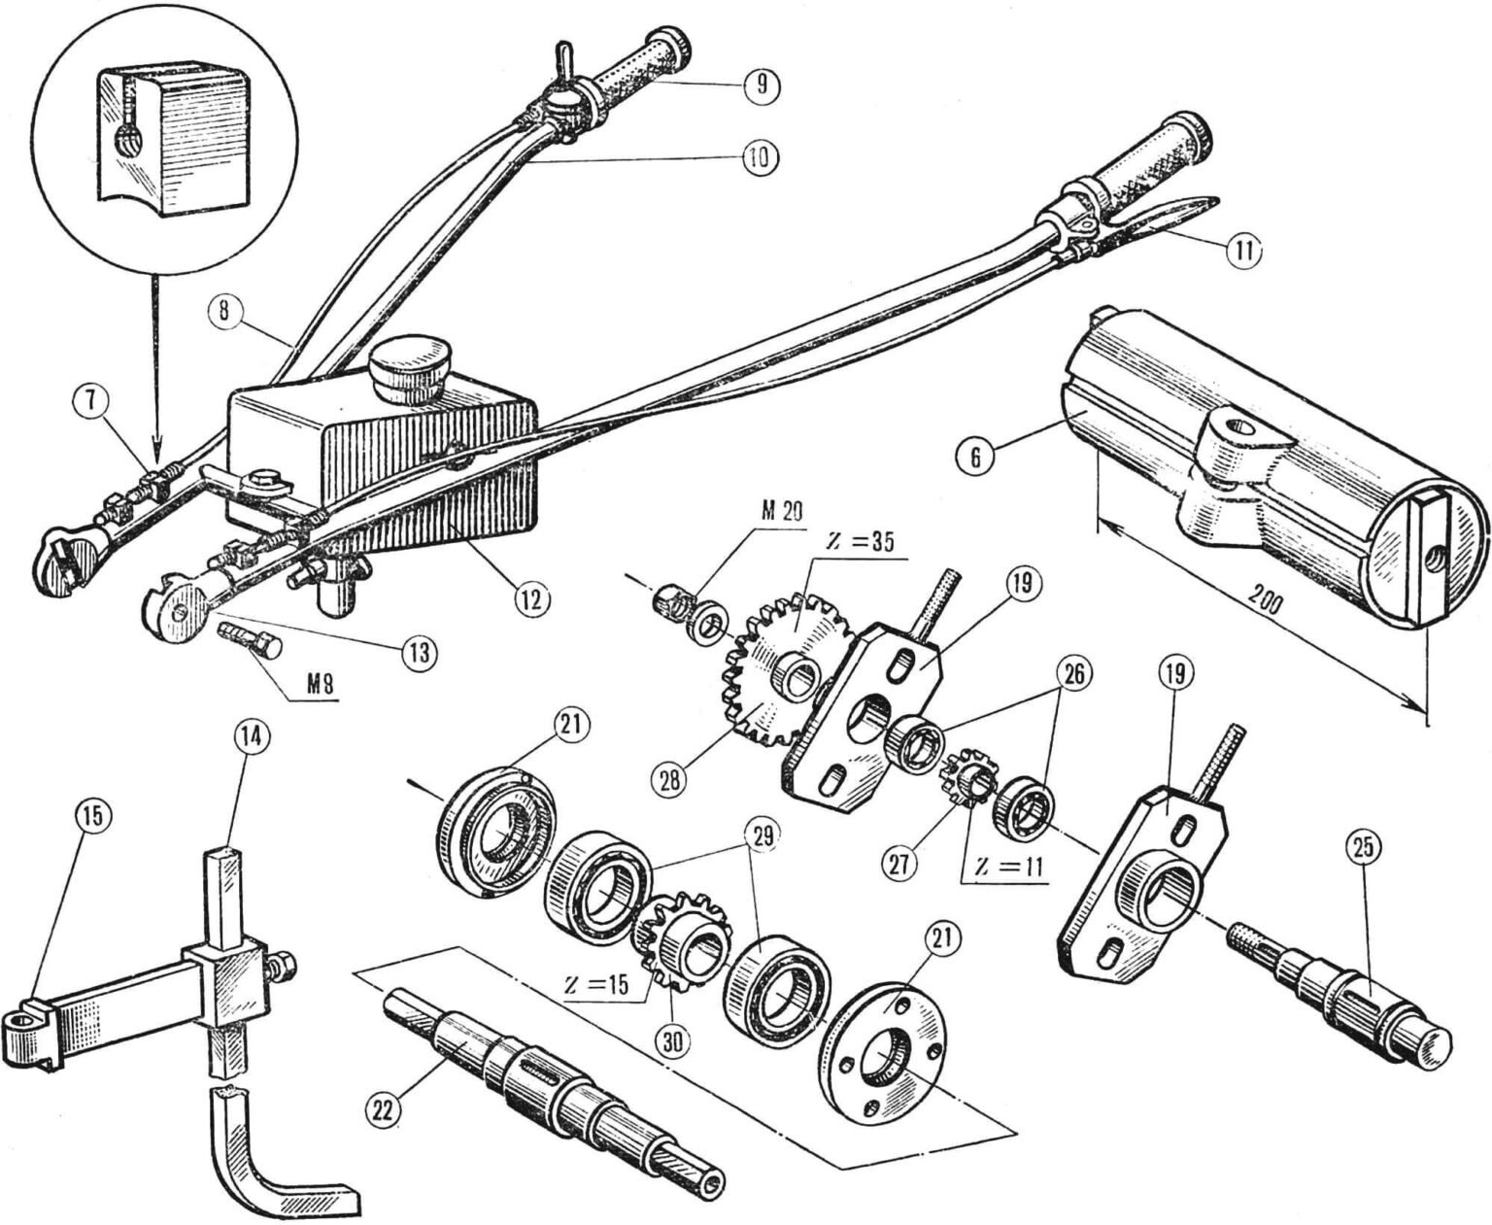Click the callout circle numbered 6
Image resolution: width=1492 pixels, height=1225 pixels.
(975, 457)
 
